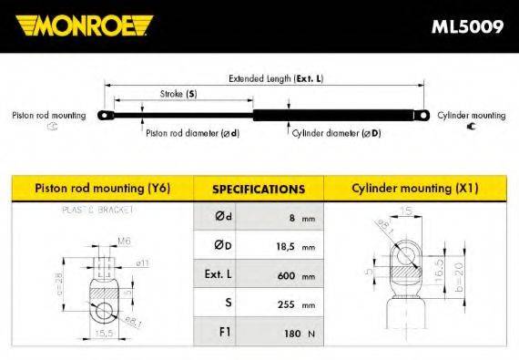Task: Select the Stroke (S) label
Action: (178, 94)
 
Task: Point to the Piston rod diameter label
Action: (191, 133)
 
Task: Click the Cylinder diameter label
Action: (336, 133)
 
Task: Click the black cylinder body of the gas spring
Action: (332, 116)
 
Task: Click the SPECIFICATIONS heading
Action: (258, 190)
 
